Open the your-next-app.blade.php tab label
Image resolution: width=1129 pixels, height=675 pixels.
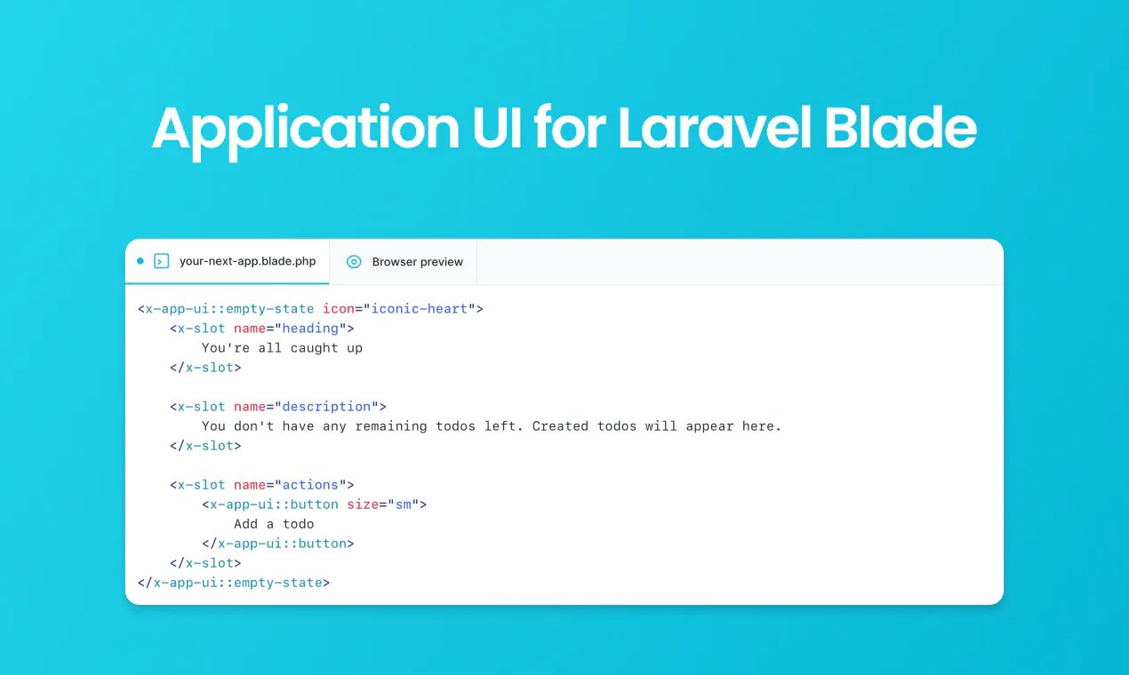(x=247, y=262)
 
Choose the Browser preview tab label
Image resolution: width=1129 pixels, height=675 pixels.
(x=417, y=262)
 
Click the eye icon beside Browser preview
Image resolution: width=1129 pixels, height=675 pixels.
(x=354, y=262)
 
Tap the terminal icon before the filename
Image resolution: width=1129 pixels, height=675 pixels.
(x=161, y=261)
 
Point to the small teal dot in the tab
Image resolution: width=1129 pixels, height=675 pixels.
(x=140, y=261)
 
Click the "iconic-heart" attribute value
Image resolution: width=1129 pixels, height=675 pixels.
(x=420, y=309)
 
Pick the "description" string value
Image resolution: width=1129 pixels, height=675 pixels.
(x=326, y=407)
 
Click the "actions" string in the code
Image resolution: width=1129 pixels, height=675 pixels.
(x=310, y=485)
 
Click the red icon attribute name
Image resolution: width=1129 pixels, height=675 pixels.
(x=338, y=309)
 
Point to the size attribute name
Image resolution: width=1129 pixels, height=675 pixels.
(x=363, y=504)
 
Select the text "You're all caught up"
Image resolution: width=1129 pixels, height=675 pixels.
(x=282, y=348)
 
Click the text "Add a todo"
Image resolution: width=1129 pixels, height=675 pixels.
(x=274, y=524)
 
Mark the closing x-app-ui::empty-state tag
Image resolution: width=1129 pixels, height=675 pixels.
(x=234, y=583)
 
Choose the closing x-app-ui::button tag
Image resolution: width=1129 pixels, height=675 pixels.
(x=278, y=544)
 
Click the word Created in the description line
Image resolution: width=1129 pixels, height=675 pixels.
(x=564, y=426)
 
